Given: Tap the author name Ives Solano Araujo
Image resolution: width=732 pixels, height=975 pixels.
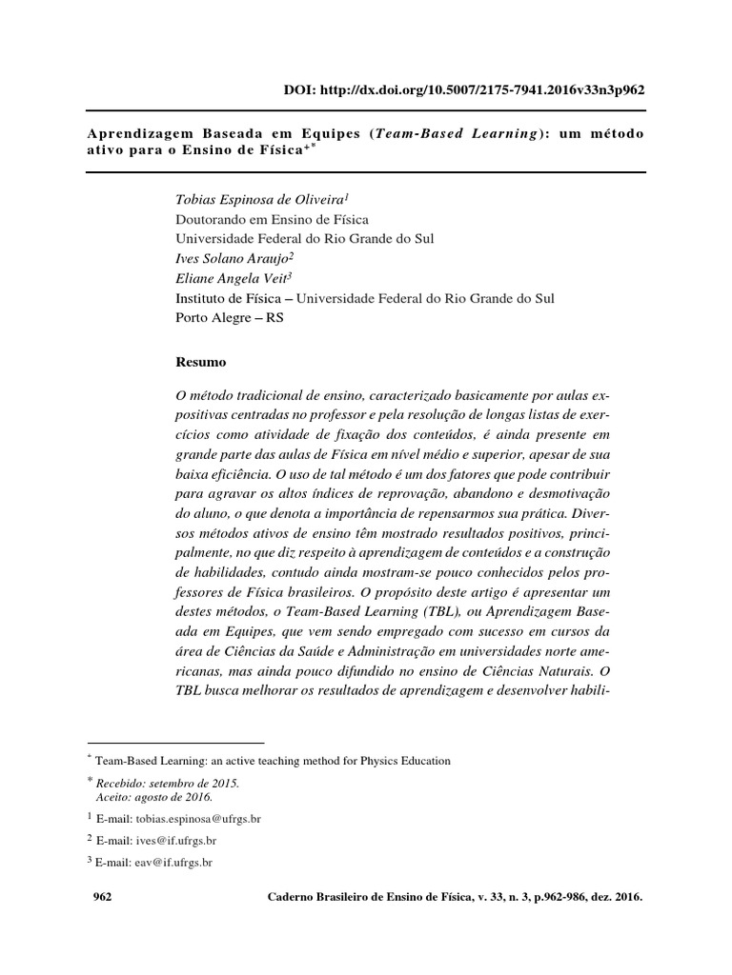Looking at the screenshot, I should (234, 259).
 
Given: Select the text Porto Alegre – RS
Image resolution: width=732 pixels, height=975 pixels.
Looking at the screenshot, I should (230, 318).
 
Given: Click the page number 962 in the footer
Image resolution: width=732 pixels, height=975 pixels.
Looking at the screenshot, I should (101, 897).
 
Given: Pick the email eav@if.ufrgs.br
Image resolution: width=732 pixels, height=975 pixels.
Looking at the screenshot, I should (173, 862).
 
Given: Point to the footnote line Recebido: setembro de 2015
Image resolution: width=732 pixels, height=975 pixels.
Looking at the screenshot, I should (167, 783).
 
